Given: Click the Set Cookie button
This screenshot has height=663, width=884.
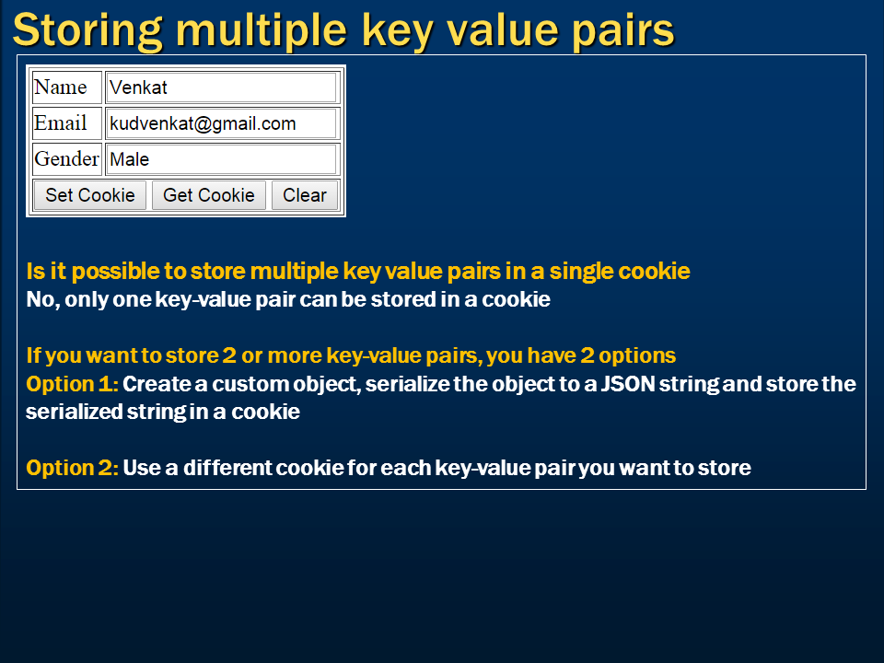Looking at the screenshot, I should [89, 195].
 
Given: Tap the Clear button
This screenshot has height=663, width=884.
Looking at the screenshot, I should [304, 195].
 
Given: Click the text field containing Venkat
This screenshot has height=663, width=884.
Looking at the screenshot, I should [221, 87].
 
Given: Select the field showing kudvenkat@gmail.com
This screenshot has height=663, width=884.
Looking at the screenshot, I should [221, 123].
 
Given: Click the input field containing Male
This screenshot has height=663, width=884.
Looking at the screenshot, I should [221, 159].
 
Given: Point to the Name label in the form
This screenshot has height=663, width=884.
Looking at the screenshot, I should [61, 87].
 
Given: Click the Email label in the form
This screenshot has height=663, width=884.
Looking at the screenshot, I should [61, 123].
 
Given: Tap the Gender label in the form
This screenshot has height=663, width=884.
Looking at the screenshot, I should [66, 159].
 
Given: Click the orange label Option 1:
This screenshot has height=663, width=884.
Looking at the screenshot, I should [72, 383].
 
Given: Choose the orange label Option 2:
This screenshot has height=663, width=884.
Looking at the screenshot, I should [72, 468].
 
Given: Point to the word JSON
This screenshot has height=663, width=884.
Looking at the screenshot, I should [629, 383].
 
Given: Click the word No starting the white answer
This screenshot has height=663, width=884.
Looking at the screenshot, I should [39, 300].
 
